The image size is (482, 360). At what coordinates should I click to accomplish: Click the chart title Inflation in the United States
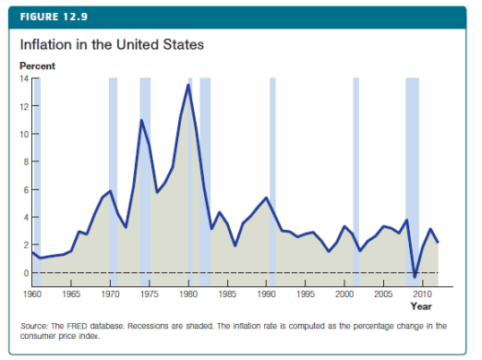111,44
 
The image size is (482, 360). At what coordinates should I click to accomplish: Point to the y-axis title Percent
37,66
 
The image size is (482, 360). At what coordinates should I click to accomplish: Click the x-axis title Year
421,306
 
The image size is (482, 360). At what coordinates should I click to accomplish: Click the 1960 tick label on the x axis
33,294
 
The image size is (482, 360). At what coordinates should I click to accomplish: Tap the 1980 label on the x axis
188,294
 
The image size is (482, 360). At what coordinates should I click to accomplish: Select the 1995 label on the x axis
305,294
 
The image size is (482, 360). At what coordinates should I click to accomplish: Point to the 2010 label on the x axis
421,294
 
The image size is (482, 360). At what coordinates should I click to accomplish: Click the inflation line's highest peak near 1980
188,84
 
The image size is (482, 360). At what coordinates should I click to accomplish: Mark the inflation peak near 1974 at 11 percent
141,120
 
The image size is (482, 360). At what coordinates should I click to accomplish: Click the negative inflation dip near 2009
415,277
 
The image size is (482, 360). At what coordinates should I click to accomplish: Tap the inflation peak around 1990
266,198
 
